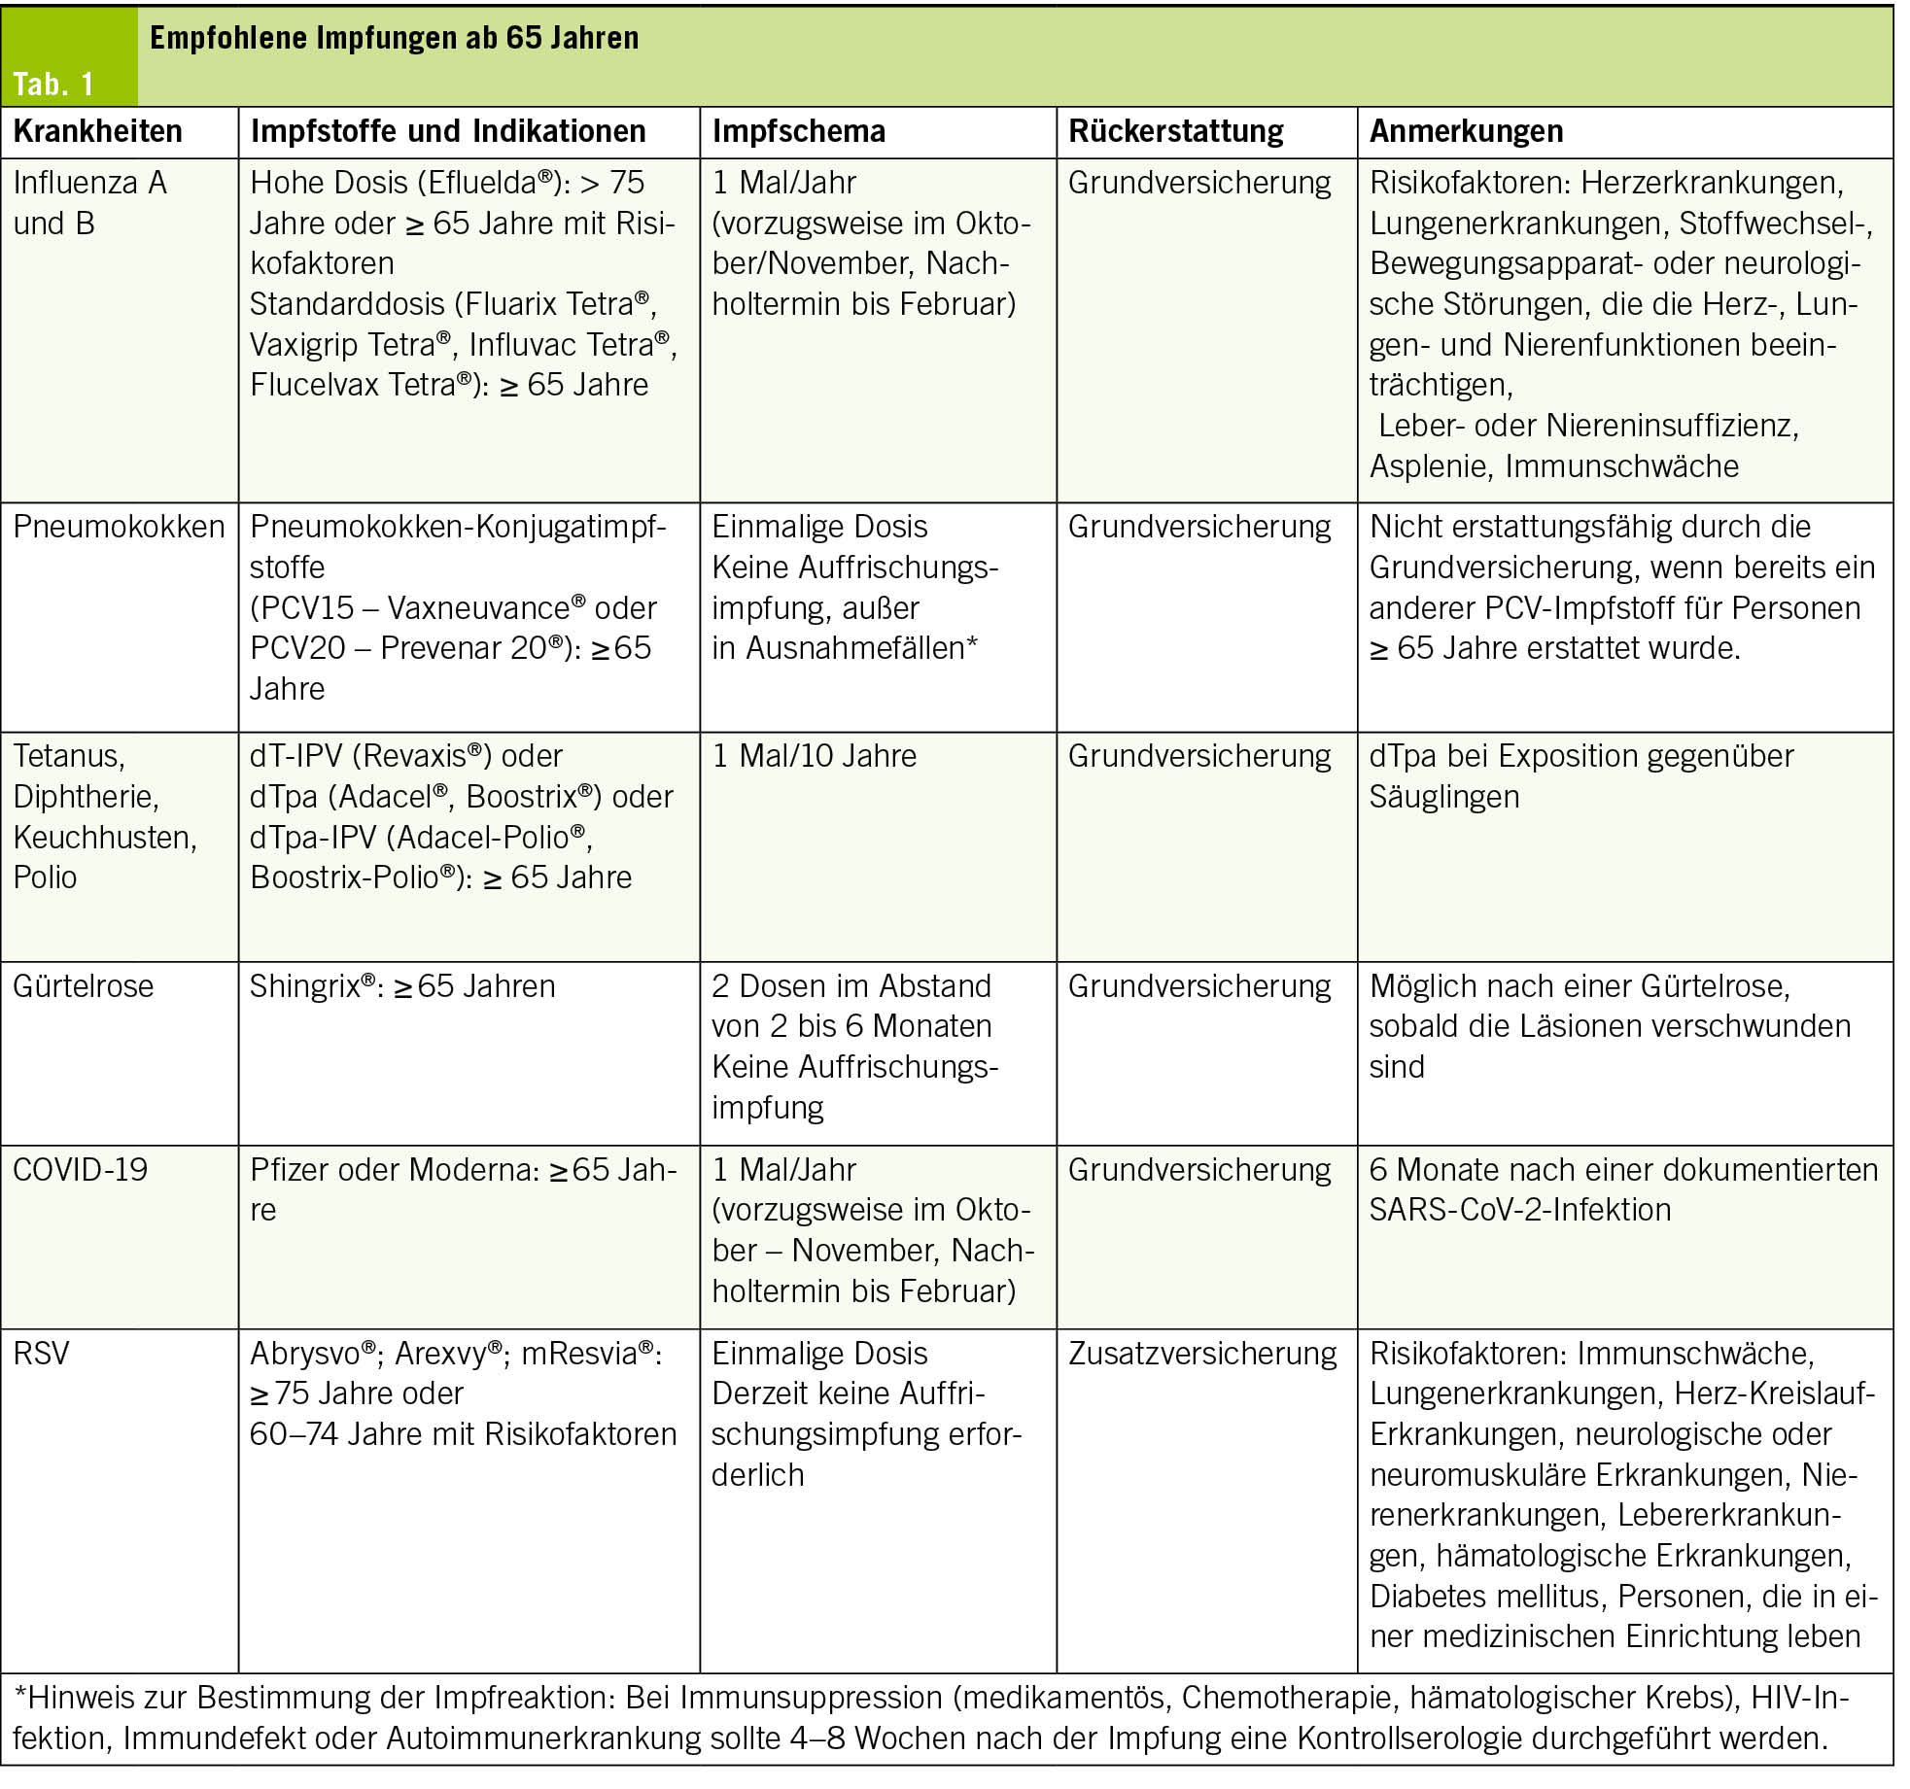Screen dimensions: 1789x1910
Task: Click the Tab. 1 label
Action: tap(53, 84)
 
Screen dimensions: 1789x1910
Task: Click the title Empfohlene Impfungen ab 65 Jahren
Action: tap(394, 38)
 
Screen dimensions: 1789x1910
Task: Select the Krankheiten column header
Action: tap(97, 131)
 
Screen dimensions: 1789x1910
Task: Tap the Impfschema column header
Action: tap(798, 131)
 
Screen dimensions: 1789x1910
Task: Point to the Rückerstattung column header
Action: tap(1175, 131)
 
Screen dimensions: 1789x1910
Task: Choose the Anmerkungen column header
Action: tap(1466, 131)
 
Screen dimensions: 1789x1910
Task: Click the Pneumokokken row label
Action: tap(119, 527)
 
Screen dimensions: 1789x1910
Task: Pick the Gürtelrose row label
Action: tap(83, 986)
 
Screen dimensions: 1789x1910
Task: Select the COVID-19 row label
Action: tap(80, 1170)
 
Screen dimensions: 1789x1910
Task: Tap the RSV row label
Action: tap(41, 1354)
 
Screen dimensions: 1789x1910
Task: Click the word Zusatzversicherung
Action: tap(1201, 1354)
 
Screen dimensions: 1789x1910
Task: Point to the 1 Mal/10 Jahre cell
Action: tap(814, 756)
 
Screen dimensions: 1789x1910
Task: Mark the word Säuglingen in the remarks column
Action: tap(1443, 797)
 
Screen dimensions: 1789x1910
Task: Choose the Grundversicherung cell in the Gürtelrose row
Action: tap(1199, 986)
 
